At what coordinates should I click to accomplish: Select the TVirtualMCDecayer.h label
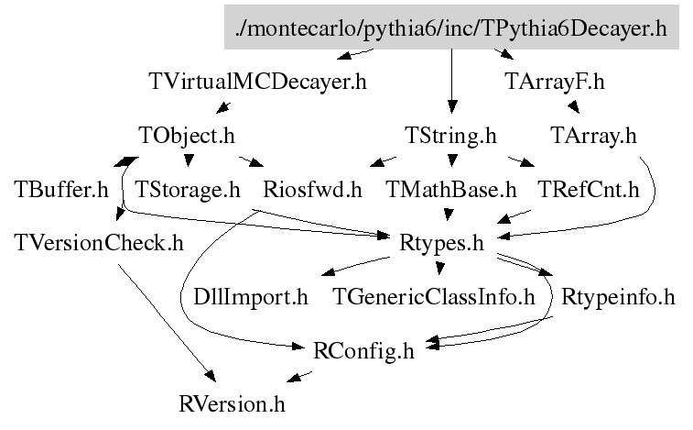coord(257,81)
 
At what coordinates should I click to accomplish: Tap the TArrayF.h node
coord(555,81)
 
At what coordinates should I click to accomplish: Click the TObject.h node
coord(188,136)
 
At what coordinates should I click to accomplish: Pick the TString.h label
coord(450,136)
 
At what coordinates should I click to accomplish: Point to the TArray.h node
coord(593,136)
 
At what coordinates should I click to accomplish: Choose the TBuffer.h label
coord(61,190)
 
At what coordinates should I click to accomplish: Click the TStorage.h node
coord(188,190)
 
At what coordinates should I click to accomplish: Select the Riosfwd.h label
coord(312,190)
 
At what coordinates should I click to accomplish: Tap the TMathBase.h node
coord(451,190)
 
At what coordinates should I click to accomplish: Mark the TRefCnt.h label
coord(588,190)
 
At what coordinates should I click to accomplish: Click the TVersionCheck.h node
coord(99,243)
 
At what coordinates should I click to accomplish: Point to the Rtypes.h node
coord(442,243)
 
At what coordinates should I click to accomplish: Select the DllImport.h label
coord(251,297)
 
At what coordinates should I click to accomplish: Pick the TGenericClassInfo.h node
coord(434,297)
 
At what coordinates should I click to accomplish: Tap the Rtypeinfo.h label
coord(618,297)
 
